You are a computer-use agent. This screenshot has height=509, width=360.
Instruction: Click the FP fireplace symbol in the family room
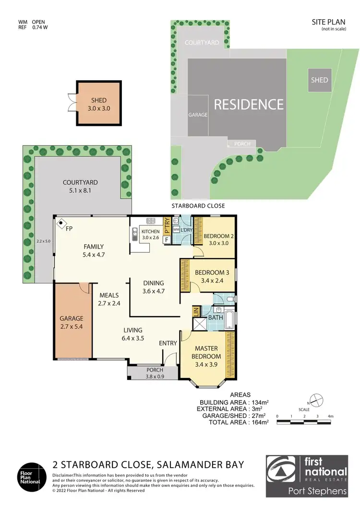tap(61, 223)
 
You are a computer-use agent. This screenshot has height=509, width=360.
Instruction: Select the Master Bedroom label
tap(206, 353)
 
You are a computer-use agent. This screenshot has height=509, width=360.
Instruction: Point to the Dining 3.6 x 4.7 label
tap(154, 286)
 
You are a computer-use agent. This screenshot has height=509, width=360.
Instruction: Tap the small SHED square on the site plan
tap(319, 80)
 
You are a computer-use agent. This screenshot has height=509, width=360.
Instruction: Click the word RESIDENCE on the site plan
tap(249, 104)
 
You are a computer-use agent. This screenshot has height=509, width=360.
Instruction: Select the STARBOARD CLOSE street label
tap(198, 206)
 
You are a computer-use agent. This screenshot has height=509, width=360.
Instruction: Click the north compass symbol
tap(315, 399)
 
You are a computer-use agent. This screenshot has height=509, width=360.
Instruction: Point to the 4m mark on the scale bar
tap(330, 415)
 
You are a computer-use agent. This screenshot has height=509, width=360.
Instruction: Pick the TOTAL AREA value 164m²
tap(258, 422)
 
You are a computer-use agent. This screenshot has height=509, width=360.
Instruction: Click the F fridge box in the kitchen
tap(167, 239)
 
